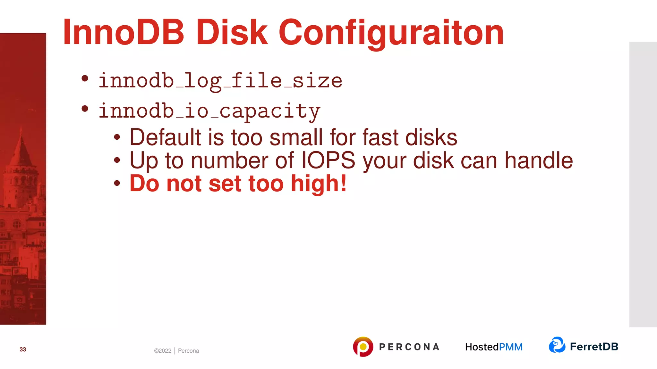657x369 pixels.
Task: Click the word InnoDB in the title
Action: coord(124,32)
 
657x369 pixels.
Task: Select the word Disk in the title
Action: coord(232,32)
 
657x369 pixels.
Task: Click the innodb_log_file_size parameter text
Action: coord(220,81)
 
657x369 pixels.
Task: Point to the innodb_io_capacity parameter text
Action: coord(209,111)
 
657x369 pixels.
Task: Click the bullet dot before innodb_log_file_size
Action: coord(85,78)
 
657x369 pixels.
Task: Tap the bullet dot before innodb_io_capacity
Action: coord(85,109)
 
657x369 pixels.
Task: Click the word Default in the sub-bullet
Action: coord(165,137)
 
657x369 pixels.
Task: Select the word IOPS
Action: coord(328,160)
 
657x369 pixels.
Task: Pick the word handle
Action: coord(539,160)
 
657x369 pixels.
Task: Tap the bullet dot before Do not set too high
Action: coord(117,183)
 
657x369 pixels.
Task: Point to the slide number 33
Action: coord(23,349)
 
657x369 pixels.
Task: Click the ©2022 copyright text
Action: coord(163,351)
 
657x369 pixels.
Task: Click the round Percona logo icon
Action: coord(363,347)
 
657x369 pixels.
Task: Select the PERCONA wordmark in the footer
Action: coord(409,347)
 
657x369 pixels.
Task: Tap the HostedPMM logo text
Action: coord(494,347)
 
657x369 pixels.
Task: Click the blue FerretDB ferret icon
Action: coord(557,345)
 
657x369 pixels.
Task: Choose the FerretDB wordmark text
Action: coord(594,347)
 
